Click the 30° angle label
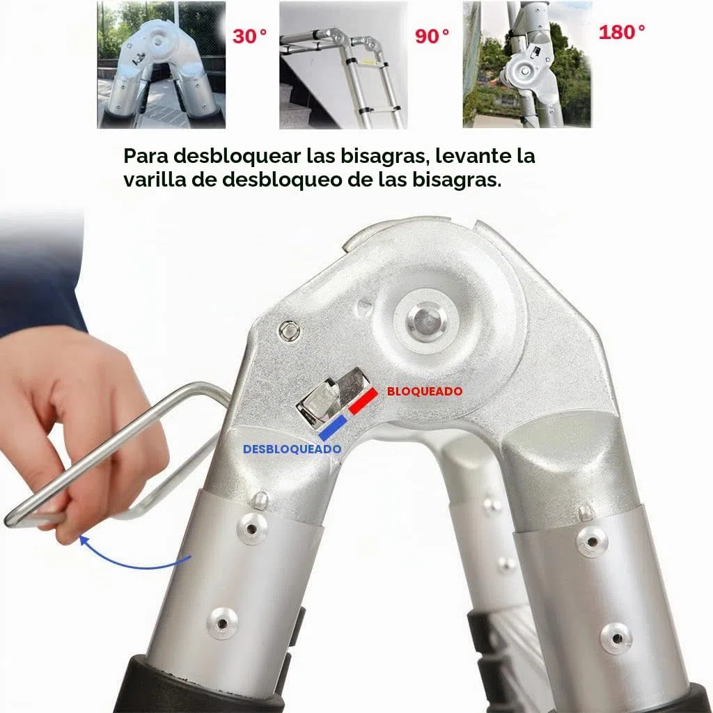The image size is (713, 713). click(249, 36)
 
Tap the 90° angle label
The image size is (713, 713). click(432, 36)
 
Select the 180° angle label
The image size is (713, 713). click(621, 32)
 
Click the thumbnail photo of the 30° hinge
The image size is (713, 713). click(162, 65)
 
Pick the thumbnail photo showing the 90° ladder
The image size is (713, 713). click(343, 65)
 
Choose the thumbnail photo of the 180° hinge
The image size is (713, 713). click(527, 64)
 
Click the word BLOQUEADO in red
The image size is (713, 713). click(425, 391)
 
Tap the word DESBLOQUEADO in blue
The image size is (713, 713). click(292, 449)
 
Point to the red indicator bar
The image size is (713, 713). click(363, 400)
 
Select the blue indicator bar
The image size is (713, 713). click(332, 428)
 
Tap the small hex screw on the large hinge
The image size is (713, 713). click(289, 330)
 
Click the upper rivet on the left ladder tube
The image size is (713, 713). click(252, 528)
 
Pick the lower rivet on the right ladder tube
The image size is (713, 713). click(616, 638)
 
